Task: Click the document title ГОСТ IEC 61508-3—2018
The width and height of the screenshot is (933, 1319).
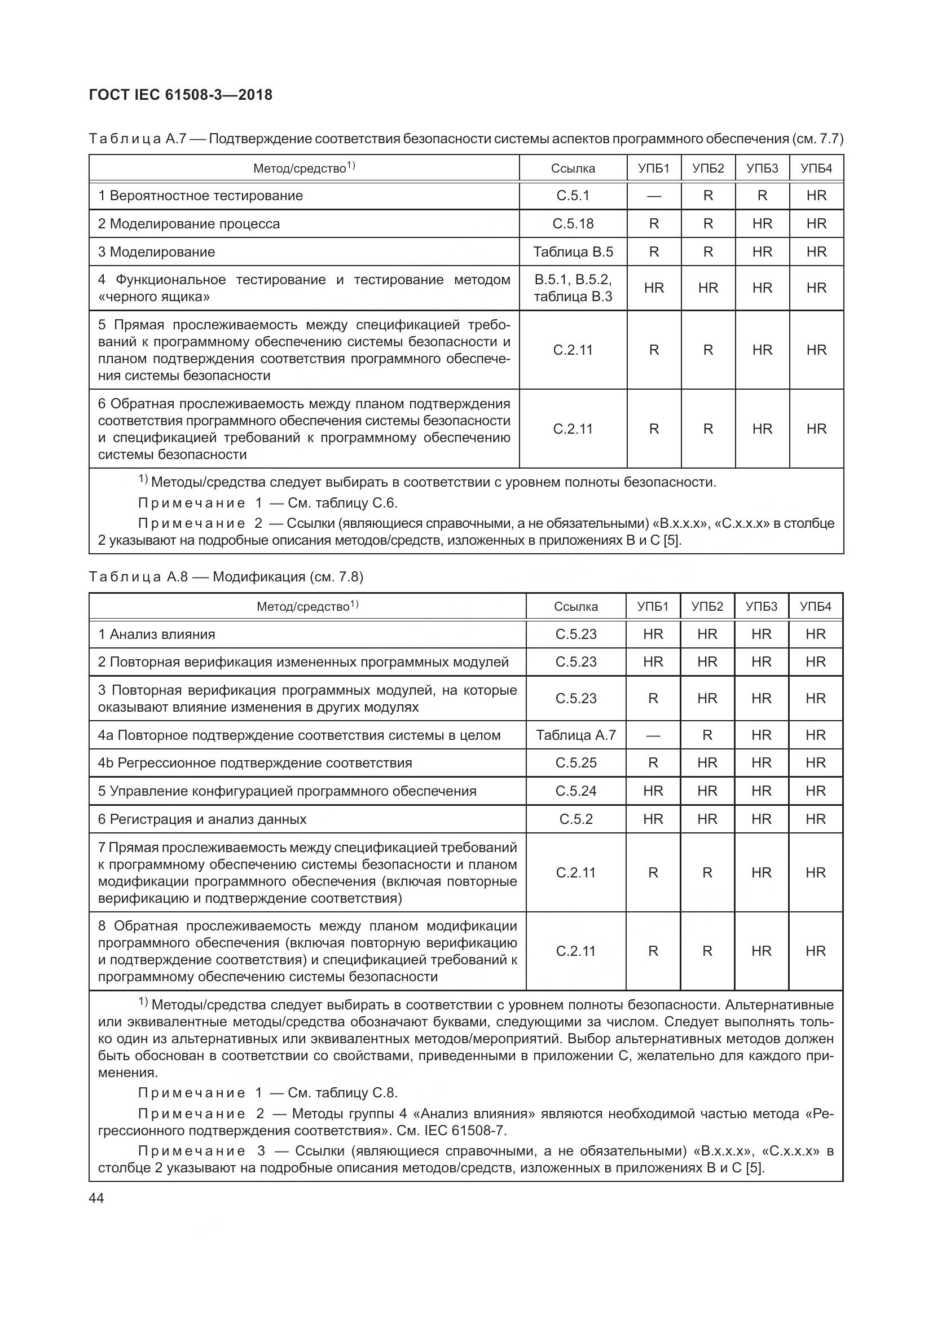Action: click(x=181, y=95)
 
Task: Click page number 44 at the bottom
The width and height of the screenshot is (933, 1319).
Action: click(x=96, y=1198)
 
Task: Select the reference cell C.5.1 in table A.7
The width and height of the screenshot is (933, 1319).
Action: click(x=573, y=196)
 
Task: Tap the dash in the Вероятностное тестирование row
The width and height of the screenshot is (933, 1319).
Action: click(x=654, y=196)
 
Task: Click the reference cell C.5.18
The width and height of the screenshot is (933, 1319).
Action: click(x=573, y=224)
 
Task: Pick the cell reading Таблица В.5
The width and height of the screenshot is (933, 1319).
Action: click(x=573, y=252)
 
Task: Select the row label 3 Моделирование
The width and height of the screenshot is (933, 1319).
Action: click(x=156, y=252)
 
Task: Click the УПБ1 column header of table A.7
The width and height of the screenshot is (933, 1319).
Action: click(x=654, y=168)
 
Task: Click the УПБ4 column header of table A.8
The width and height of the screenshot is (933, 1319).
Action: click(x=815, y=607)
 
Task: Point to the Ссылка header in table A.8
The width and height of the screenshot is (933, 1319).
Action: click(x=576, y=607)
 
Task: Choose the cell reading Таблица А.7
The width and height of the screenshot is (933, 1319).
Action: click(x=576, y=735)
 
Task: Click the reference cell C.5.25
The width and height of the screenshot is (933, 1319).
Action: click(x=576, y=763)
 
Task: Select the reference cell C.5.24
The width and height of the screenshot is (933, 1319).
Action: click(x=576, y=791)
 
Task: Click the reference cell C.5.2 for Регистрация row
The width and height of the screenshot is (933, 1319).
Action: click(x=576, y=819)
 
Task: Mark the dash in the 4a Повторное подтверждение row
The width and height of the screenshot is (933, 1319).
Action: click(x=653, y=736)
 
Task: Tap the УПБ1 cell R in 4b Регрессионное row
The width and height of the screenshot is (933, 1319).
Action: click(x=653, y=763)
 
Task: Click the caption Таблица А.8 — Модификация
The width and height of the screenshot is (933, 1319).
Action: click(x=226, y=577)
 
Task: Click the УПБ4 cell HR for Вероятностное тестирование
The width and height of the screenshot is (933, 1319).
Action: click(x=816, y=196)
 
